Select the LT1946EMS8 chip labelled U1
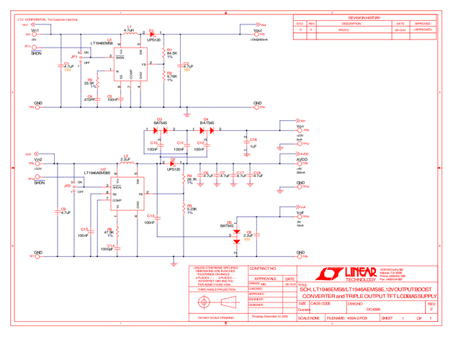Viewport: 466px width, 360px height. coord(130,63)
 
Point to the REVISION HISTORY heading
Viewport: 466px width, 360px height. coord(364,17)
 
